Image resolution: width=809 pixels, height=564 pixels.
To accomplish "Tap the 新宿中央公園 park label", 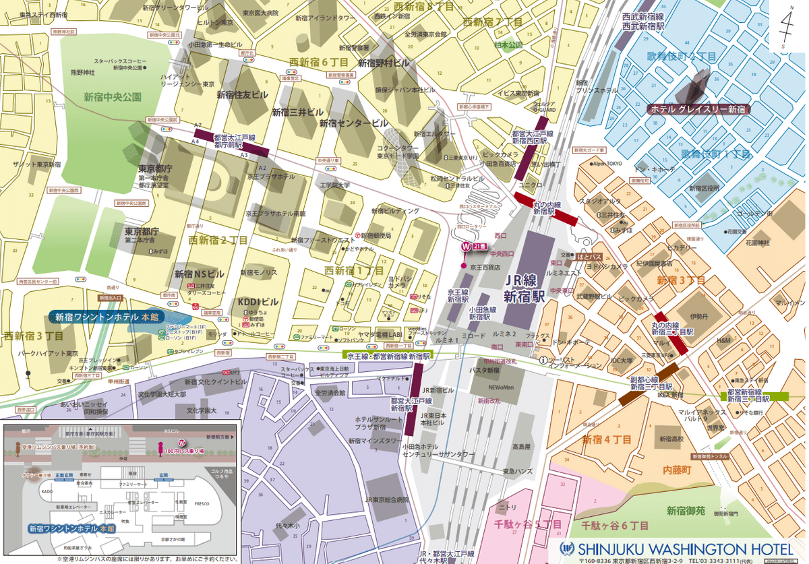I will [113, 97].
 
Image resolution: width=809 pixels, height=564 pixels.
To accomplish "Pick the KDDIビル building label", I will [258, 302].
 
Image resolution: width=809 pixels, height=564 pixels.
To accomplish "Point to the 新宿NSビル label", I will [200, 274].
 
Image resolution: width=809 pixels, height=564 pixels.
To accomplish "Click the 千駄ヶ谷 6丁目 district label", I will [615, 524].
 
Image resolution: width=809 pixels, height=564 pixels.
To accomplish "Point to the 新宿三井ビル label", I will [297, 113].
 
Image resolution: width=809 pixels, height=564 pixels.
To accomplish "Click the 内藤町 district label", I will [678, 468].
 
